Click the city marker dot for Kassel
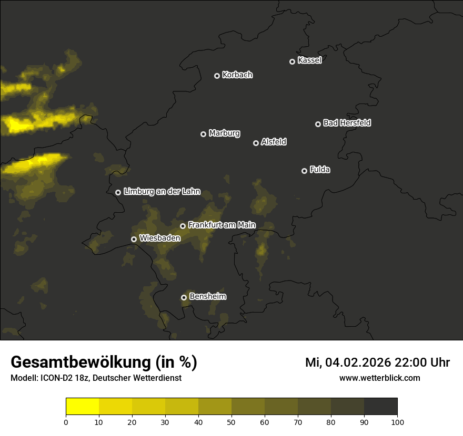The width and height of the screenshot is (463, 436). (292, 61)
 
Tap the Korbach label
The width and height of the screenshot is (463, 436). (237, 75)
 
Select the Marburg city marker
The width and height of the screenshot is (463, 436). (203, 134)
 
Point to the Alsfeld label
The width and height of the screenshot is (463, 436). (274, 142)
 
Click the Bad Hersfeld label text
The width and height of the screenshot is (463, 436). (347, 123)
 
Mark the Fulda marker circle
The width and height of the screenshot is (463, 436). (304, 171)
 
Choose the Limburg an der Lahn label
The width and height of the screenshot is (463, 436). (162, 192)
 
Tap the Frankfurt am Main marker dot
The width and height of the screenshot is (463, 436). (183, 226)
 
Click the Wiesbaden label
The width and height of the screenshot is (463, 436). (160, 238)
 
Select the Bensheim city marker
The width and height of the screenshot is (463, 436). (184, 297)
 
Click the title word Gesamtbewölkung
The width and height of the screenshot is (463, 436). (79, 362)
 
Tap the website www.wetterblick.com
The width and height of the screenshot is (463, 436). (379, 378)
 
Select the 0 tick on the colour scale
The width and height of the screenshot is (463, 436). (66, 421)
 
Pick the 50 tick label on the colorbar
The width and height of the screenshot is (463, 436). (231, 421)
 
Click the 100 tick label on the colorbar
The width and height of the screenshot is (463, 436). (397, 421)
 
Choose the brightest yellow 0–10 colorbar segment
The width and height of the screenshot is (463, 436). (82, 407)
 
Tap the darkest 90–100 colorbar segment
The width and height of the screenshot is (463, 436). (380, 407)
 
